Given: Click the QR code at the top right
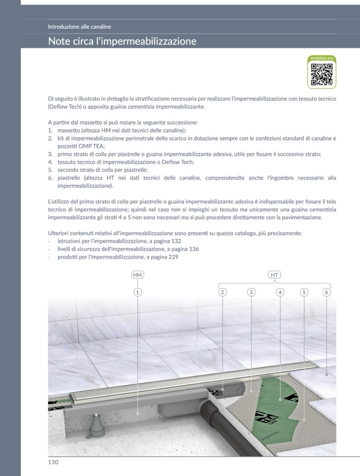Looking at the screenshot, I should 321,74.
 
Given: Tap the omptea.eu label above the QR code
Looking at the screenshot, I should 321,59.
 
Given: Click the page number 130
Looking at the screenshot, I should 53,462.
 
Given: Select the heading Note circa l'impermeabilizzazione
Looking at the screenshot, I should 122,41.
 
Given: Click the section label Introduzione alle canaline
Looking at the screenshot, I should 79,27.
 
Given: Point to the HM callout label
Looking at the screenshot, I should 137,274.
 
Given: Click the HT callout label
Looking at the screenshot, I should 274,274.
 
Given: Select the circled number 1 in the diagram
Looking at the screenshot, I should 137,292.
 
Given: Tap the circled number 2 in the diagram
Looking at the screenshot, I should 223,292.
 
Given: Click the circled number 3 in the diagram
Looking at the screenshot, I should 251,292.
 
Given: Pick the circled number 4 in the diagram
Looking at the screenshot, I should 280,292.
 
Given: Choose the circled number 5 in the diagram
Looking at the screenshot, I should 304,292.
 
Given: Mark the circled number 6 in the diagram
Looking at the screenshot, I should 326,292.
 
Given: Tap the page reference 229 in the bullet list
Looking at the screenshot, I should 173,257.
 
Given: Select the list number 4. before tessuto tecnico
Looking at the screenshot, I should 51,162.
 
